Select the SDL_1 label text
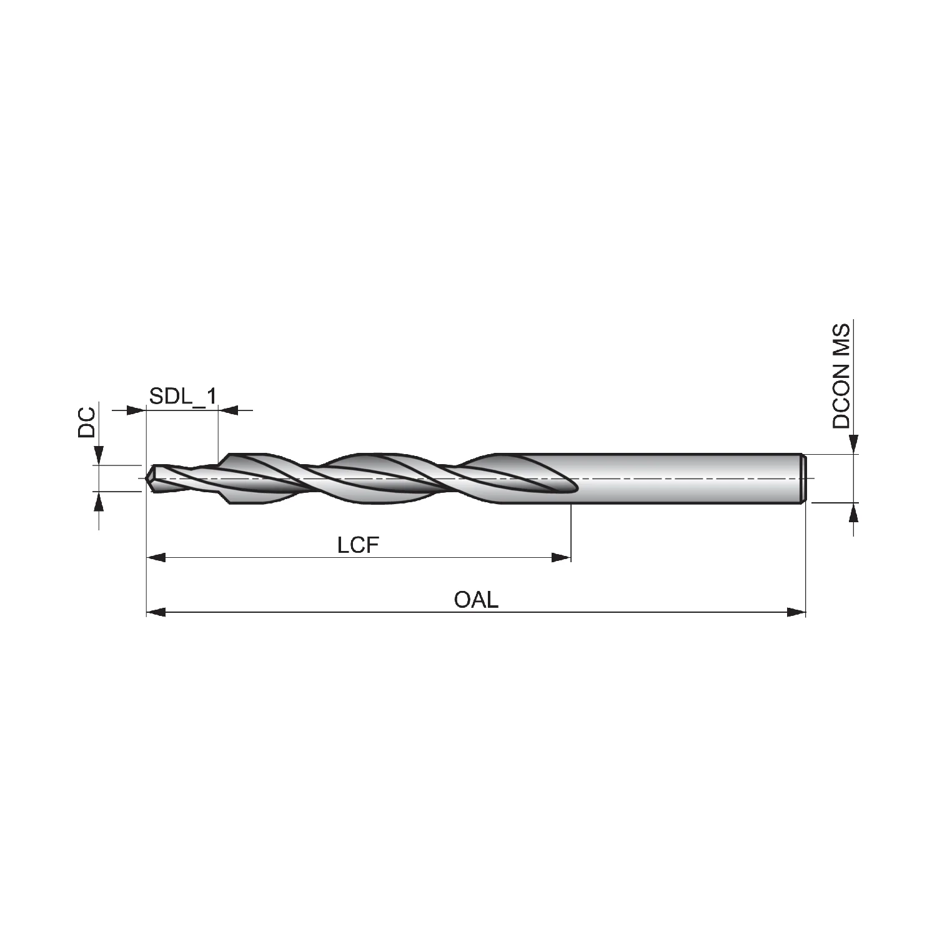coord(182,395)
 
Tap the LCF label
coord(358,545)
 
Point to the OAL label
coord(476,600)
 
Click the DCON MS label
coord(841,375)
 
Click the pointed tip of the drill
coord(146,478)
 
